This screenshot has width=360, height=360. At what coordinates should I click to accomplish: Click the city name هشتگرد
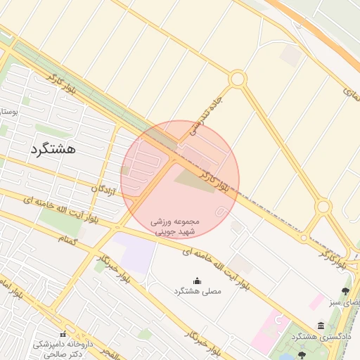pos(53,150)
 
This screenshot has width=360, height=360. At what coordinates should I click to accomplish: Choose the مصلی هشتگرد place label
pos(197,290)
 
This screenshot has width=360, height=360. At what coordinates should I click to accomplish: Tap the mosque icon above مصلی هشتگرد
pos(197,279)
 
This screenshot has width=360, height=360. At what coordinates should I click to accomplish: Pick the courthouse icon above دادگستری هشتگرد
pos(321,326)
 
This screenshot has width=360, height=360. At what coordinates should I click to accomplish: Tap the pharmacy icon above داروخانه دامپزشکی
pos(63,334)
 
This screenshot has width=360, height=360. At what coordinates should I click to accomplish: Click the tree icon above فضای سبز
pos(345,290)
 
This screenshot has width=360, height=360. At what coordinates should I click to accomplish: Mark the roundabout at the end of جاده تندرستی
pos(238,79)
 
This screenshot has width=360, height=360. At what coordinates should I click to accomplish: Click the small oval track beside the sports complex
pos(221,211)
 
